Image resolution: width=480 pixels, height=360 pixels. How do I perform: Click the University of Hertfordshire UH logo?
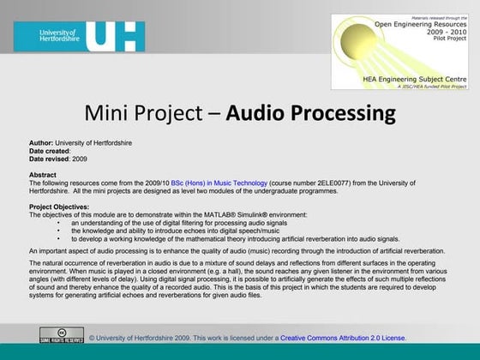pyautogui.click(x=74, y=33)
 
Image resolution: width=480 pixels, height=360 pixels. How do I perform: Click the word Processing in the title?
pyautogui.click(x=341, y=113)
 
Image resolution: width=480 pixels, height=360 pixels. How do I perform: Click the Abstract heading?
pyautogui.click(x=43, y=175)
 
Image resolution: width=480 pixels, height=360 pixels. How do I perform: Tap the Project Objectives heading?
pyautogui.click(x=61, y=207)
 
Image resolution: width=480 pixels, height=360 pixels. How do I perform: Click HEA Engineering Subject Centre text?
pyautogui.click(x=400, y=78)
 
